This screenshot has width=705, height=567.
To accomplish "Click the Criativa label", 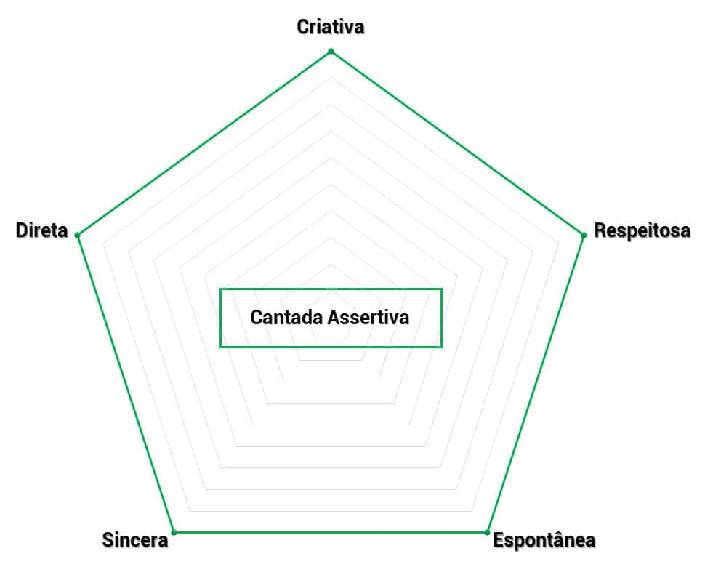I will coord(331,27).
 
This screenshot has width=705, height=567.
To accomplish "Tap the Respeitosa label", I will coord(642,231).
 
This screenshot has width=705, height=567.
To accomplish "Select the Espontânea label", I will coord(544,540).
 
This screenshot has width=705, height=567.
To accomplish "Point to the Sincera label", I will coord(135,540).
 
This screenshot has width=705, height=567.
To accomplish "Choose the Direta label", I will coord(41,231).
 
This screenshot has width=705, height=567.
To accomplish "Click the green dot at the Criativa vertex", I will coord(331,51).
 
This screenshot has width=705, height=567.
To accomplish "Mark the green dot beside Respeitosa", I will coord(584,235).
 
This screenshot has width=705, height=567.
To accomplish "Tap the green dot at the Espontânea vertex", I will coord(487,532).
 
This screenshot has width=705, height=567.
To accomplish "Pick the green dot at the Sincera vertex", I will coord(174,532).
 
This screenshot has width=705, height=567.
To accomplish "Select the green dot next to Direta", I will coord(77,235).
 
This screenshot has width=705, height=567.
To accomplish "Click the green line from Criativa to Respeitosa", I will coord(457,143).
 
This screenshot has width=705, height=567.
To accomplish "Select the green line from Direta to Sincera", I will coord(125,383).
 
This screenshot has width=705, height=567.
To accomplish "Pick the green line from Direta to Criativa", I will coord(204,143).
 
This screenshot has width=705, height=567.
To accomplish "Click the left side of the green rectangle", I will coord(220,318).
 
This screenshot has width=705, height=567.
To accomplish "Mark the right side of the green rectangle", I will coord(441,318).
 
